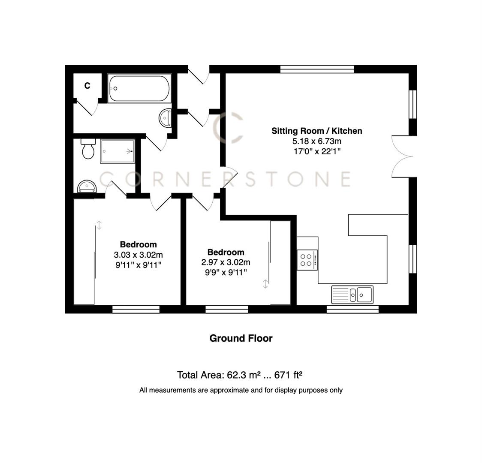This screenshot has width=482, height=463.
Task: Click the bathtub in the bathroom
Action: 139,89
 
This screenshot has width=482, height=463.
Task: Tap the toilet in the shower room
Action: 88,149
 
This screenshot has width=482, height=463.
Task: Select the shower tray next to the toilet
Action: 117,151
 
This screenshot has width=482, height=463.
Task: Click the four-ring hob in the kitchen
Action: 307,260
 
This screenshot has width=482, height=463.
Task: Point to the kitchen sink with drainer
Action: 352,294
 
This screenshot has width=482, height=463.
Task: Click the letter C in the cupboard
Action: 87,86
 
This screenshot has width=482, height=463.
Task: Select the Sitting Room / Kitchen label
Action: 316,131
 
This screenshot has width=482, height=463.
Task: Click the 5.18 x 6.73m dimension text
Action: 316,141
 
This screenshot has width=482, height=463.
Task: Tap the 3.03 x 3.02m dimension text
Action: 138,255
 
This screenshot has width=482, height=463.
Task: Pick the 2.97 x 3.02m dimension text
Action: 226,262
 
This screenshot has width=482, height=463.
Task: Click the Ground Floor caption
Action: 241,338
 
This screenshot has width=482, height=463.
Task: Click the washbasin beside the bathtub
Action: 165,118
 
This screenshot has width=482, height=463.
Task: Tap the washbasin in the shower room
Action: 87,186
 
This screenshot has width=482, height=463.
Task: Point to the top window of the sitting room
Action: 317,69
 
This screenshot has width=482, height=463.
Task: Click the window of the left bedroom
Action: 136,309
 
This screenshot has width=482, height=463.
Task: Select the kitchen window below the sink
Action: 352,309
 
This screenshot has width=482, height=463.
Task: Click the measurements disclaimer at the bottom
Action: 241,390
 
